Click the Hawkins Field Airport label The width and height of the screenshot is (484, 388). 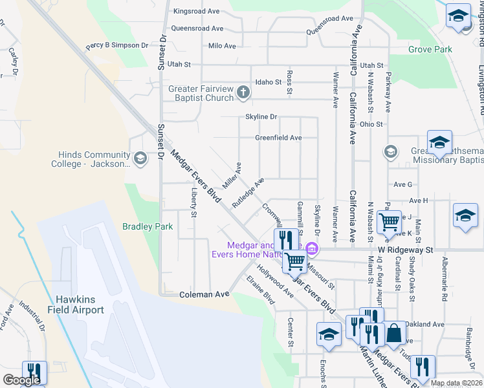80,305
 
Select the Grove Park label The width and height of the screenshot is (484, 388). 430,49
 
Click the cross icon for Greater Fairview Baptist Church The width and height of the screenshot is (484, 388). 243,92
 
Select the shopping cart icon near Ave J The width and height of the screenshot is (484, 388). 390,222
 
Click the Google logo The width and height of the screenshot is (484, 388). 21,380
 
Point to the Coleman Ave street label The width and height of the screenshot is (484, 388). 204,294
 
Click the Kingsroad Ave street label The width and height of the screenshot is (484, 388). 197,12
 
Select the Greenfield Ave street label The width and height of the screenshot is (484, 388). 278,138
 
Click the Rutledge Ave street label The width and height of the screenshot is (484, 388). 248,192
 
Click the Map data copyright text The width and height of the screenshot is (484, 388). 457,383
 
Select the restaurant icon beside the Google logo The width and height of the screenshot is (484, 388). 34,372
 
